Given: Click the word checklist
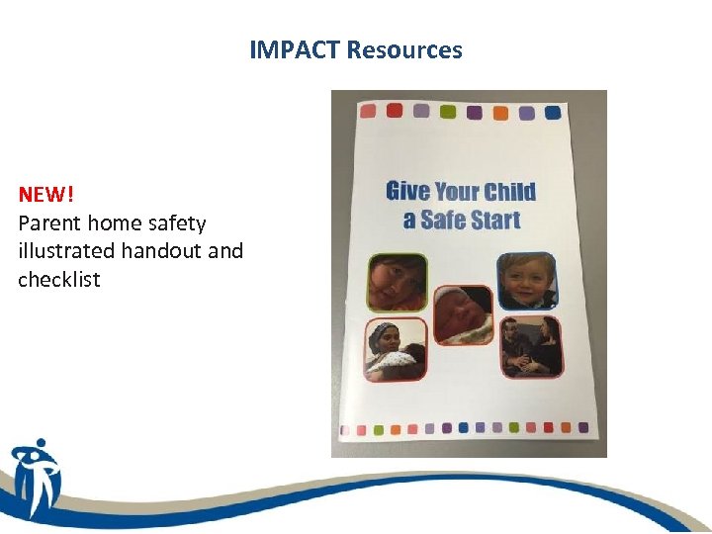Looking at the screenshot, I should click(x=59, y=280).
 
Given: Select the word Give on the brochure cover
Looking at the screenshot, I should click(x=408, y=191).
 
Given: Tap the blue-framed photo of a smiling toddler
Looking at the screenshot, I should click(x=526, y=281).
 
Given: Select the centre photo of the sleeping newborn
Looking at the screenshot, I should click(x=463, y=314).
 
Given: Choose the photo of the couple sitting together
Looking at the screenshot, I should click(x=531, y=346).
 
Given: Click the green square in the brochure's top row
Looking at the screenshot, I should click(x=447, y=111).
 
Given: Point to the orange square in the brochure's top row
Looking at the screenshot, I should click(x=499, y=112).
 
